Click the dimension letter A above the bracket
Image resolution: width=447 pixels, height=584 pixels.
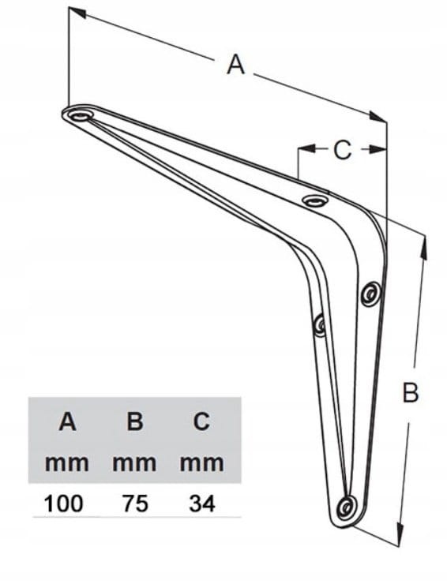click(235, 65)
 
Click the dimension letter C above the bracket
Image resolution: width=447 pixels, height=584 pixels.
click(342, 150)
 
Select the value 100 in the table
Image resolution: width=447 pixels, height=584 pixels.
click(63, 504)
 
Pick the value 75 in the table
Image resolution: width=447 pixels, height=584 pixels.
click(135, 504)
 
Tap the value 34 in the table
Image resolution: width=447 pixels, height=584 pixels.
click(202, 504)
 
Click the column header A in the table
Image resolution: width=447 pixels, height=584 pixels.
click(67, 422)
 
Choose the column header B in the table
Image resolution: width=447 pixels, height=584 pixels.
click(135, 422)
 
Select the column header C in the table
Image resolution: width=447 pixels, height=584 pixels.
click(201, 422)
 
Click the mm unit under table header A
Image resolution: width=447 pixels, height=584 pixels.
click(67, 464)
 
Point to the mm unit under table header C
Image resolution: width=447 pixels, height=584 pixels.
click(202, 464)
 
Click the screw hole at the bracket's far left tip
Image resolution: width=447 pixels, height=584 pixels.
click(80, 116)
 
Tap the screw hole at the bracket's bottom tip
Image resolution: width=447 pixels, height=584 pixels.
click(347, 507)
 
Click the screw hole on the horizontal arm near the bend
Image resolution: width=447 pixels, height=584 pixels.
click(315, 200)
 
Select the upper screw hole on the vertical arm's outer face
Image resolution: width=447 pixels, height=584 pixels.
click(371, 293)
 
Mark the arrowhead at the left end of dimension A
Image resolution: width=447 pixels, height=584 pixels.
click(77, 13)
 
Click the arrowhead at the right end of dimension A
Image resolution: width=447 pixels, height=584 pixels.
click(378, 117)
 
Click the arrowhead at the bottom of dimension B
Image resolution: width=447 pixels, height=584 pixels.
click(400, 533)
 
